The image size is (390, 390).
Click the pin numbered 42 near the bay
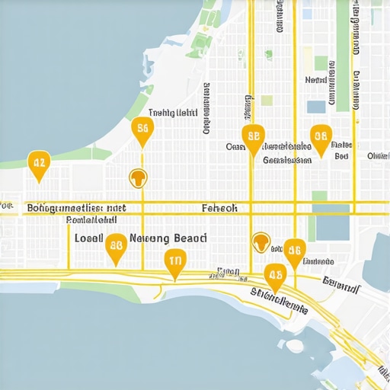click(37, 163)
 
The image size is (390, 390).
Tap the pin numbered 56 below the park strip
click(142, 130)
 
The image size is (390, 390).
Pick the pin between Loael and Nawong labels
click(116, 246)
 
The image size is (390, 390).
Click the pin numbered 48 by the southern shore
click(275, 276)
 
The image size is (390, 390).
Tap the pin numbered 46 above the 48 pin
click(294, 250)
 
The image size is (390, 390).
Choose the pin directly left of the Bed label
click(321, 139)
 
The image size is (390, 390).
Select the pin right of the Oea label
click(254, 138)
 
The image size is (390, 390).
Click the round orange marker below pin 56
click(139, 177)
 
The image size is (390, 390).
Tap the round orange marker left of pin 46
click(261, 241)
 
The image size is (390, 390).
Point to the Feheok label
click(220, 207)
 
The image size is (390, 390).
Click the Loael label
click(89, 238)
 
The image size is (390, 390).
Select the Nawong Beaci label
click(168, 238)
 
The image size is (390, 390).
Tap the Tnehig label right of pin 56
click(173, 113)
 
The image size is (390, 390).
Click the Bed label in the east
click(340, 155)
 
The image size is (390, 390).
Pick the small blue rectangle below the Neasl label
click(315, 107)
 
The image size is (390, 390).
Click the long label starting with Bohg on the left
click(76, 207)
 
